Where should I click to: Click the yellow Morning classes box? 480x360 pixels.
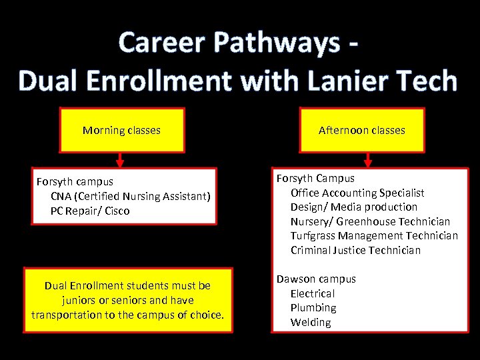[x=121, y=130]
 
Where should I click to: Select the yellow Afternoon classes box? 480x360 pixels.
[x=361, y=130]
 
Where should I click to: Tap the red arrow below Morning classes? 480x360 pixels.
[x=121, y=160]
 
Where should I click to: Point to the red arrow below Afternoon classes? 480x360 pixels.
[x=367, y=160]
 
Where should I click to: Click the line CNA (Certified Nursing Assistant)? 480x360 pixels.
[x=131, y=196]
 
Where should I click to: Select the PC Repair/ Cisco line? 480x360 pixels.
[x=90, y=211]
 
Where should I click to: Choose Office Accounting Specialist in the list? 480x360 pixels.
[x=357, y=193]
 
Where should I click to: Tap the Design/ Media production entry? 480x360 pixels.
[x=353, y=207]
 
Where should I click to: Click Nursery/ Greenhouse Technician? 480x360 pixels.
[x=370, y=221]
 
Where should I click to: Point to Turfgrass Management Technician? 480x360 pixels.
[x=374, y=235]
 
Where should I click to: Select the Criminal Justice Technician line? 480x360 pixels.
[x=355, y=250]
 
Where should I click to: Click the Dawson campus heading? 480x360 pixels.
[x=316, y=279]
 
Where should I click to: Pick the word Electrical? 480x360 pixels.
[x=312, y=293]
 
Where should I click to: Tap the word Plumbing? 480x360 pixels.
[x=313, y=307]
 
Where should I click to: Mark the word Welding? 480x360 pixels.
[x=311, y=322]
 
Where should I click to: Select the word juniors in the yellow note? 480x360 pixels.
[x=79, y=300]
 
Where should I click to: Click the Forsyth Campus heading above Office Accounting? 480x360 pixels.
[x=315, y=178]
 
